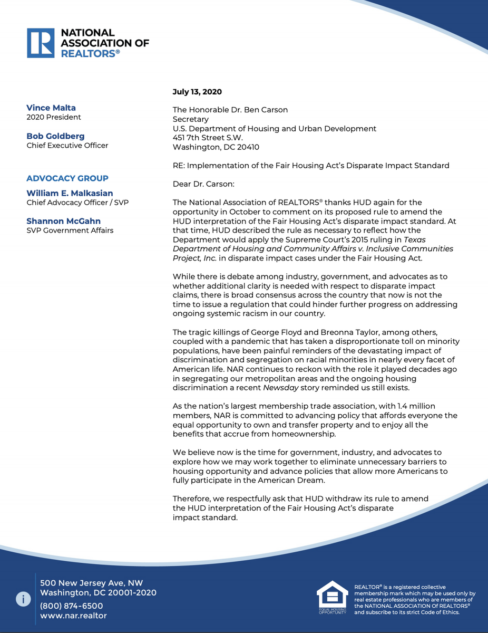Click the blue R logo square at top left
pos(41,43)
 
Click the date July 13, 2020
pos(197,92)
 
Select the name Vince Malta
pos(51,108)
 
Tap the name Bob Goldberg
pos(55,136)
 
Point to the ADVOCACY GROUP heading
pos(67,178)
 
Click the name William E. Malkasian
pos(70,193)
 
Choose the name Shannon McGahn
pos(63,221)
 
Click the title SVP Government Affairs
pos(70,231)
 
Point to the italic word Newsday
pos(279,387)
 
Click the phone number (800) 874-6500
pos(72,606)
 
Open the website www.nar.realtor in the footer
pos(73,616)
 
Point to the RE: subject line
pos(311,166)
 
